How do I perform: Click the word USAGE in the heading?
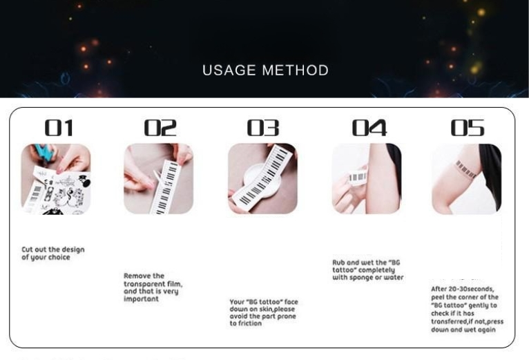(x=229, y=70)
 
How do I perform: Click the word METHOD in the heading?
(x=295, y=70)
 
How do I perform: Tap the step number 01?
(x=59, y=128)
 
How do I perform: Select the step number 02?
(x=160, y=128)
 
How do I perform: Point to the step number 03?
(x=263, y=128)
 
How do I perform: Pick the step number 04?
(x=369, y=128)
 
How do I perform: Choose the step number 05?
(x=468, y=128)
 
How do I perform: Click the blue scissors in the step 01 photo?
(x=45, y=153)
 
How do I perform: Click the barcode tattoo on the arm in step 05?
(x=465, y=169)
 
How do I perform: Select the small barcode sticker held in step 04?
(x=358, y=177)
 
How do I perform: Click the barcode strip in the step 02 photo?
(x=167, y=187)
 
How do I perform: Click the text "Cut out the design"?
(x=53, y=249)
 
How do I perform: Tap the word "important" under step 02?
(x=141, y=299)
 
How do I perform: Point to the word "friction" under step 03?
(x=250, y=323)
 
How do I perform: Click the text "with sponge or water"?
(x=368, y=278)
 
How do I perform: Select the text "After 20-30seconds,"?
(x=463, y=289)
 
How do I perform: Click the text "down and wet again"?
(x=463, y=330)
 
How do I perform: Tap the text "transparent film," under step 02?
(x=153, y=284)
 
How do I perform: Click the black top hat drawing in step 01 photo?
(x=84, y=180)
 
